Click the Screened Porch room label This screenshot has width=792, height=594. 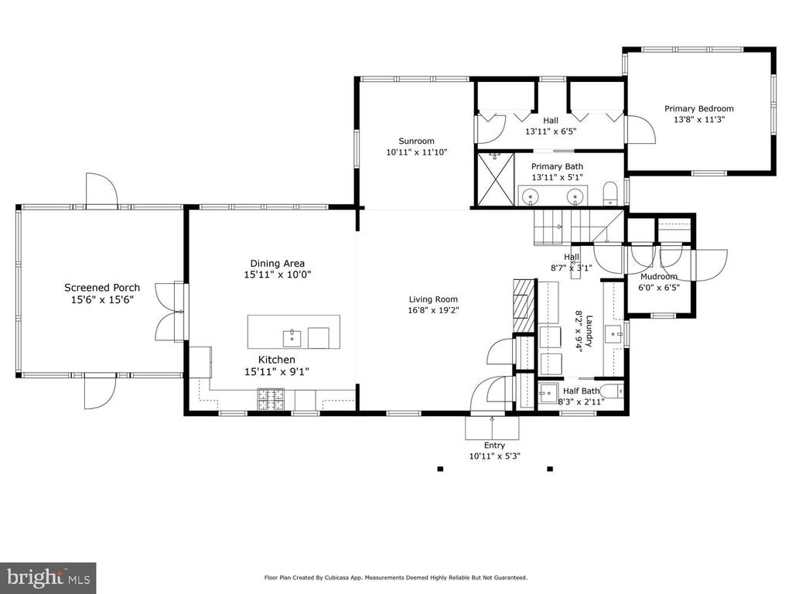(102, 288)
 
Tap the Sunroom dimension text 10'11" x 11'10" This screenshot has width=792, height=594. (417, 152)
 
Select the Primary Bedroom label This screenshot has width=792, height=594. (699, 108)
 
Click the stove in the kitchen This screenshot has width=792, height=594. (271, 399)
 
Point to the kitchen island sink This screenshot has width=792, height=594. (292, 338)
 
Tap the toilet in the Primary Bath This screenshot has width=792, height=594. (611, 193)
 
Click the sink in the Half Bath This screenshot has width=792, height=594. (547, 392)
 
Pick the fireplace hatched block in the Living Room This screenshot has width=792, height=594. (524, 305)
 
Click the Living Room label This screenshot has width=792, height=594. (433, 299)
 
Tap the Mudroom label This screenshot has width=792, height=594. (659, 276)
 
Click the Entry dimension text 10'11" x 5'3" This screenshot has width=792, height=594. (494, 456)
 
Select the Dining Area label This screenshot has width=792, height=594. (278, 263)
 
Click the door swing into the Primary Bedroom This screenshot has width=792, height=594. (641, 129)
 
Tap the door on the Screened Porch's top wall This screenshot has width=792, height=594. (101, 190)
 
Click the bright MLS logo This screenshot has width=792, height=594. (48, 578)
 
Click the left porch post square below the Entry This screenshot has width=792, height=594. (440, 469)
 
